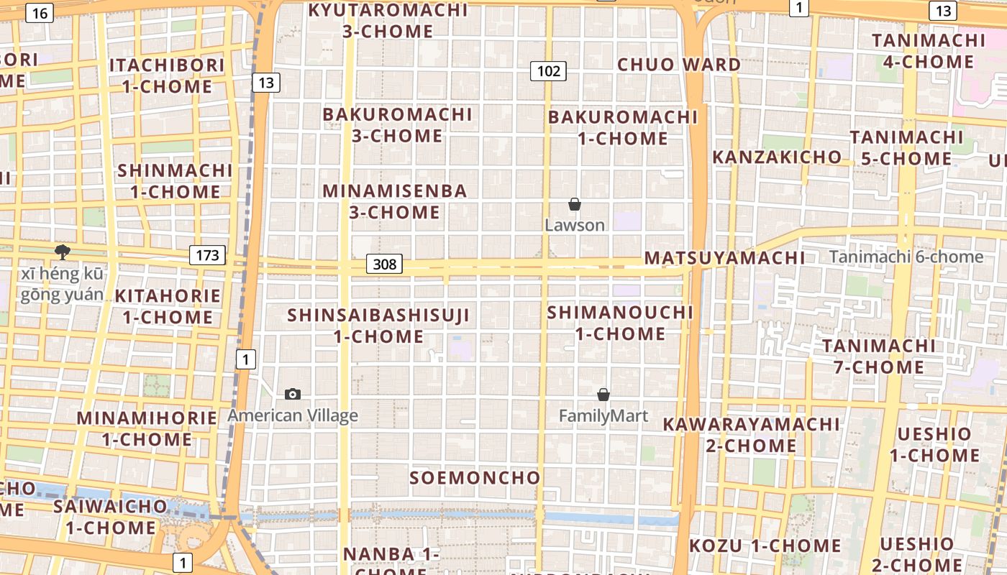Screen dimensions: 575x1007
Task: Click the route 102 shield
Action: click(x=548, y=71)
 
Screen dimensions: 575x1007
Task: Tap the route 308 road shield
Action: click(x=385, y=264)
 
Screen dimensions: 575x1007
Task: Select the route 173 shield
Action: click(x=208, y=254)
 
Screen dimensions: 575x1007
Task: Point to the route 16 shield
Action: click(x=40, y=13)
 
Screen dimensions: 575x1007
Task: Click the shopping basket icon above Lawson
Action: click(x=574, y=205)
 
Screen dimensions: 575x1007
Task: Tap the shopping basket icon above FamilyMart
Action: click(x=603, y=395)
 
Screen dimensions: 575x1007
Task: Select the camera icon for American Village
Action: click(x=293, y=394)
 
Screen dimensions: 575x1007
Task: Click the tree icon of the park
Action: click(x=63, y=252)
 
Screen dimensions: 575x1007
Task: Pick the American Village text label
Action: click(x=293, y=415)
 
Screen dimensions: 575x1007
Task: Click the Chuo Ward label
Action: click(x=679, y=65)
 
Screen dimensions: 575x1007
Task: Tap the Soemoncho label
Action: click(x=475, y=478)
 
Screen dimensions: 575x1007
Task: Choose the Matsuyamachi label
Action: click(x=724, y=257)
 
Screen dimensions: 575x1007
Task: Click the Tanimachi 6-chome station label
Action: click(x=906, y=257)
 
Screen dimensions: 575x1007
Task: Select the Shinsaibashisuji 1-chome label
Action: click(x=378, y=325)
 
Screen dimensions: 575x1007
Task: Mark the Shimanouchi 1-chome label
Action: click(x=620, y=323)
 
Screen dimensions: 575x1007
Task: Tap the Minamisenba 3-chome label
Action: click(x=395, y=201)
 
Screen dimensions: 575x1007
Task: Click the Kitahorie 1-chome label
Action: click(x=168, y=306)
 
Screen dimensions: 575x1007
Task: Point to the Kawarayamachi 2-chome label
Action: click(x=751, y=434)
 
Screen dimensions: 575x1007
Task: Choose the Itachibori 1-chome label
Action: click(x=168, y=75)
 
